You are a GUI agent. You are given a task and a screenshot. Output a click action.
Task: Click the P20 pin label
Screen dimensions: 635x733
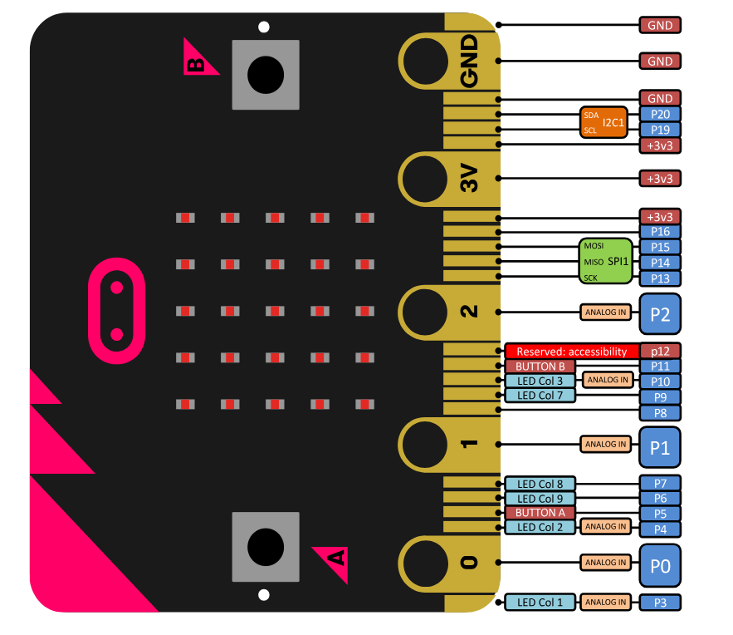tap(660, 114)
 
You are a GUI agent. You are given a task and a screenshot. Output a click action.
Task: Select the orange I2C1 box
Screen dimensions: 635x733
tap(604, 122)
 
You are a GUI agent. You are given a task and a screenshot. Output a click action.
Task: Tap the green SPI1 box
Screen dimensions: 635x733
tap(605, 261)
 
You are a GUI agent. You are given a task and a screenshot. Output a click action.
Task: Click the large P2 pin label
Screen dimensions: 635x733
tap(660, 313)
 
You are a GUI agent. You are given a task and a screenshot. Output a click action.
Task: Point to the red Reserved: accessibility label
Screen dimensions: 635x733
tap(572, 352)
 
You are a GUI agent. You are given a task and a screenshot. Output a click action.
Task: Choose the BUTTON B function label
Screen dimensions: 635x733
tap(540, 367)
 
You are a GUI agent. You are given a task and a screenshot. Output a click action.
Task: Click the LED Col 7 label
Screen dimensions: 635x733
tap(540, 396)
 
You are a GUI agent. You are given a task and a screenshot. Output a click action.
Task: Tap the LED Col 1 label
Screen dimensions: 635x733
tap(540, 602)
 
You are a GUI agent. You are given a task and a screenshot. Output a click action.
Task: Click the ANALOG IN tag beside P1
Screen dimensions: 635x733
tap(605, 445)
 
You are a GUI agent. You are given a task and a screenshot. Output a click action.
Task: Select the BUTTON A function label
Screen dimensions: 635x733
tap(540, 513)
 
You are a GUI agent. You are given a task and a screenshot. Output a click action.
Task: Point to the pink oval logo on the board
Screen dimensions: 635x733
tap(117, 311)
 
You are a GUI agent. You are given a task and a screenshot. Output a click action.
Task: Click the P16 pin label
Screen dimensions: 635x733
tap(660, 232)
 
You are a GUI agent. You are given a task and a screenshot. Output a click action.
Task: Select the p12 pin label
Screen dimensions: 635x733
tap(660, 352)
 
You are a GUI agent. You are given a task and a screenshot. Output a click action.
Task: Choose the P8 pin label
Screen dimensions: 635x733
tap(660, 413)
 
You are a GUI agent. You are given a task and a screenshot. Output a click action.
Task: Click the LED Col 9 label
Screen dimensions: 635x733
tap(540, 499)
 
